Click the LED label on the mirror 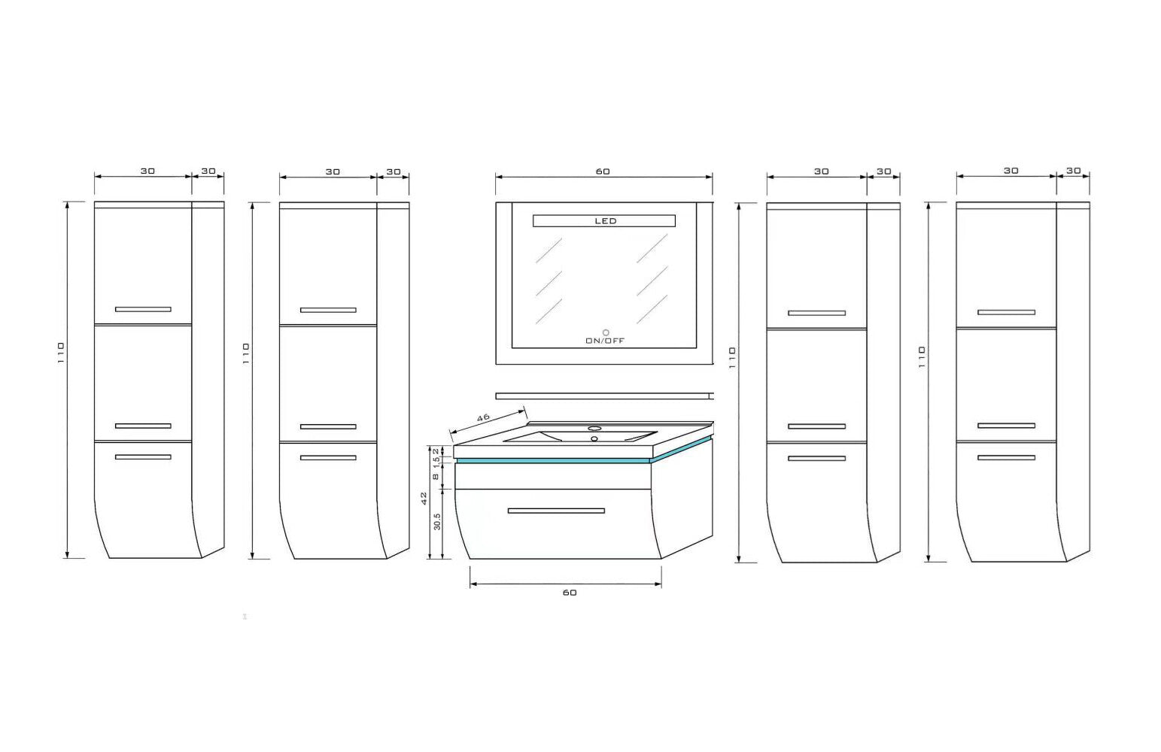pos(606,221)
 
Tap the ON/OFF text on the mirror pos(605,341)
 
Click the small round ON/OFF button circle pos(606,332)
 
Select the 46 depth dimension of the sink pos(483,417)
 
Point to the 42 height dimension pos(424,499)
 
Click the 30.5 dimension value pos(437,522)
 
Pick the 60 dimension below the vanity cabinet pos(570,593)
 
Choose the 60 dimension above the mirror pos(603,171)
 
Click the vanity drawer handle pos(556,511)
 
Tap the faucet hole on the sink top pos(594,429)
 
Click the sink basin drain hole pos(594,438)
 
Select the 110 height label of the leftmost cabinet pos(61,352)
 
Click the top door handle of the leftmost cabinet pos(143,309)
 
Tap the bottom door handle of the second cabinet pos(328,458)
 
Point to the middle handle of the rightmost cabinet pos(1006,426)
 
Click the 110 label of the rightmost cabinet pos(922,357)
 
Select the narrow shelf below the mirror pos(604,396)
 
